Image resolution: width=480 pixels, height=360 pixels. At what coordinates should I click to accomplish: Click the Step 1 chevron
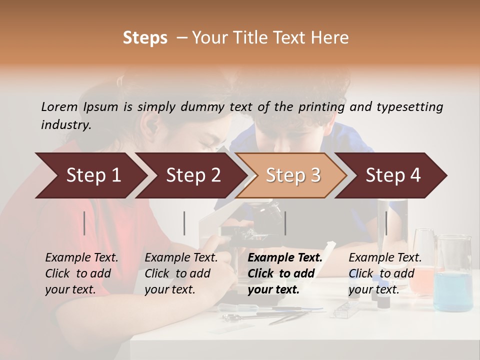90,175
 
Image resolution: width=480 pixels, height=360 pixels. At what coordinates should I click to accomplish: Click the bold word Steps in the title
145,38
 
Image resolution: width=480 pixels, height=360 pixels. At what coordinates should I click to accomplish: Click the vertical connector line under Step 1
84,223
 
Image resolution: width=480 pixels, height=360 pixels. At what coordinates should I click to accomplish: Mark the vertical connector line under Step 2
184,223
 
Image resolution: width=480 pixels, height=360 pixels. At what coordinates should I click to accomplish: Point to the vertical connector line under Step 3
285,223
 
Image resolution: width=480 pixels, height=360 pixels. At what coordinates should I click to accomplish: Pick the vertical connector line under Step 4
386,223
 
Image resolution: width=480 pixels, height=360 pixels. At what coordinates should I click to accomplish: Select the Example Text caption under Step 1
81,258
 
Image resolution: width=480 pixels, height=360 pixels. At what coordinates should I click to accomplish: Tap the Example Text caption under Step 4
385,258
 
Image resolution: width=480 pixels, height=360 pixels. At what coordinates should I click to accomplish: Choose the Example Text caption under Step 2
181,258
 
